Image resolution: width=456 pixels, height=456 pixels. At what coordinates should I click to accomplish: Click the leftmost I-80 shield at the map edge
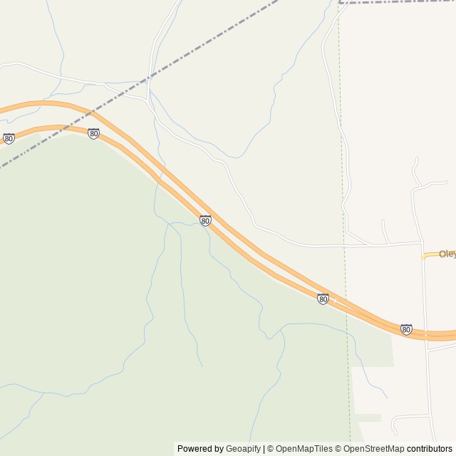click(9, 138)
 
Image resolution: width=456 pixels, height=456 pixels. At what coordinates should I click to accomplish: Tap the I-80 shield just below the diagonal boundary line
click(93, 133)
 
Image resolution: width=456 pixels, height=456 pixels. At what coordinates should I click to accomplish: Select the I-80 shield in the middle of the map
click(205, 221)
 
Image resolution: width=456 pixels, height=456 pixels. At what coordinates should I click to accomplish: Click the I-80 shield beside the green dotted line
click(323, 299)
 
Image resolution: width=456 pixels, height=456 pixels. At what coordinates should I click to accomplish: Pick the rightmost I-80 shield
click(406, 329)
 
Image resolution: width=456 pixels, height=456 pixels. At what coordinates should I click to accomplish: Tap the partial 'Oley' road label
click(447, 254)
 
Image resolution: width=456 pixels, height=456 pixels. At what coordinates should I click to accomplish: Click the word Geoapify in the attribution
click(243, 449)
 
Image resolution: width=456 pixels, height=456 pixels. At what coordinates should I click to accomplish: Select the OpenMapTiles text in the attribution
click(304, 449)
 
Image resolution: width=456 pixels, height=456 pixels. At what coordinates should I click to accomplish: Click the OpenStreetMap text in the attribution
click(370, 449)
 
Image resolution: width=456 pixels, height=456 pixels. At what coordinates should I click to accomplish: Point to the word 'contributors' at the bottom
click(430, 449)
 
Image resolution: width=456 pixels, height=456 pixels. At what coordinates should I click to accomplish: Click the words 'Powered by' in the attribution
click(200, 449)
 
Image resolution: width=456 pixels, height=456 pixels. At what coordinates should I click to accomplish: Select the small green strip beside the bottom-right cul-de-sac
click(368, 418)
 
